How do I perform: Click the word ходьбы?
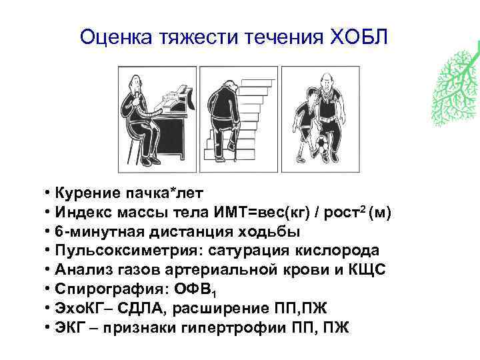[270, 232]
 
